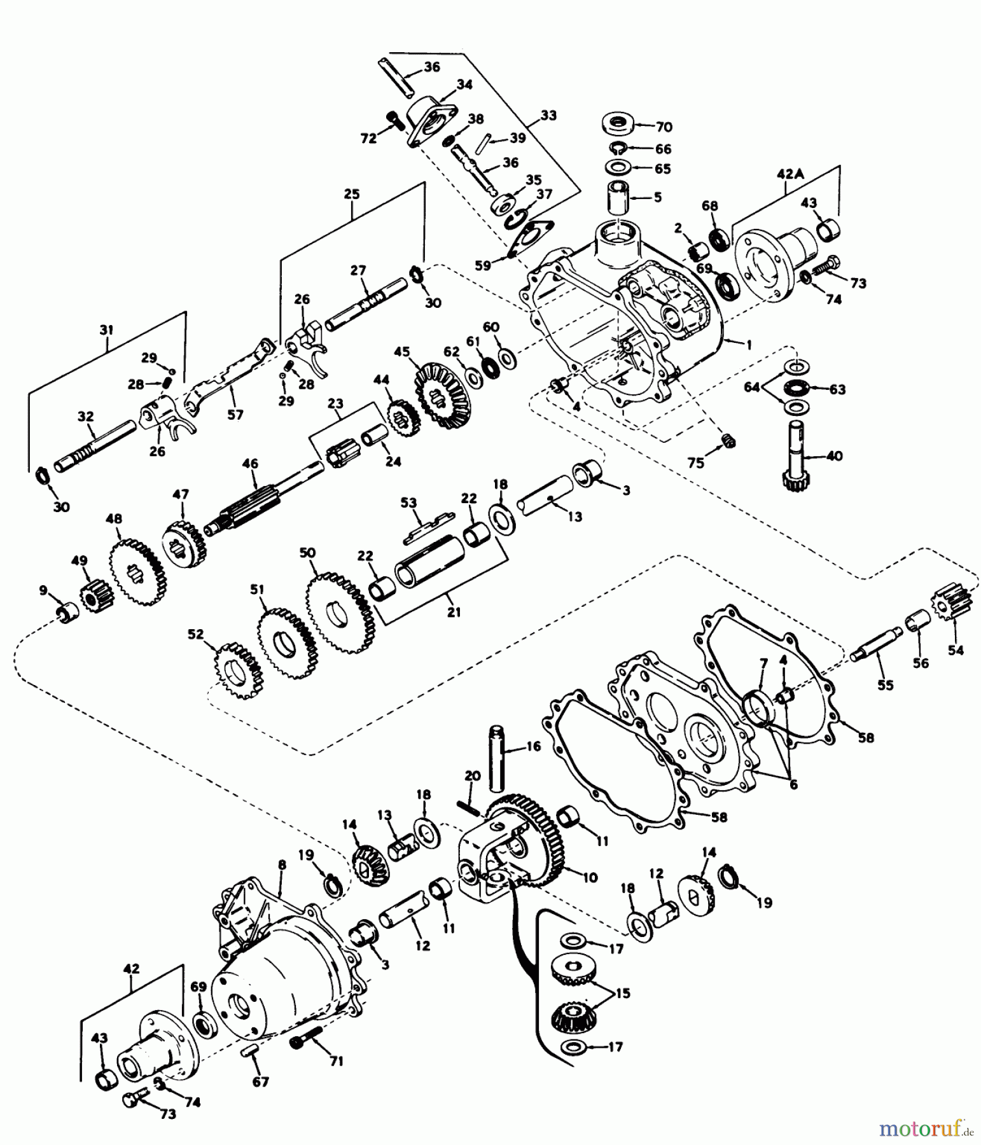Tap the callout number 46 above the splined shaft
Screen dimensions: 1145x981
(x=250, y=464)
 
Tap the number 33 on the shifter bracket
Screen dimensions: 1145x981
(x=548, y=115)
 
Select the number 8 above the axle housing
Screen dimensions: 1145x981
(x=282, y=865)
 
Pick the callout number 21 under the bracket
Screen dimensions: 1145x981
(x=453, y=613)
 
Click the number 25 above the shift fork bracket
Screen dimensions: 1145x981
(x=352, y=194)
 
